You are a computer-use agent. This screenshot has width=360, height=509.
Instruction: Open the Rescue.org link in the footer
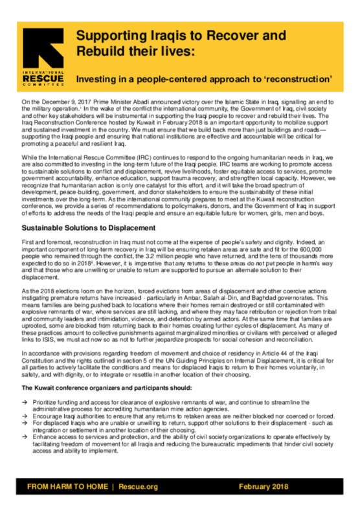point(137,486)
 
